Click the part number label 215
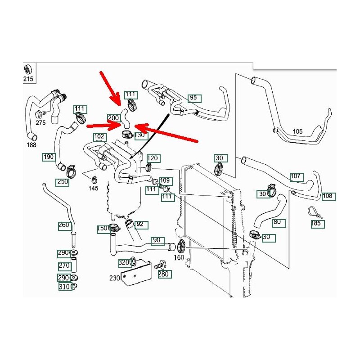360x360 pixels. coord(28,80)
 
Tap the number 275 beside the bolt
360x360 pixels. coord(40,122)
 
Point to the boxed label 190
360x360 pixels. coord(49,157)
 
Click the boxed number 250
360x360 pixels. coord(63,182)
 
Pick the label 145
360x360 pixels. coord(93,188)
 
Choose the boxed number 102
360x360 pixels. coord(99,137)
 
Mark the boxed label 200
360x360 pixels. coord(113,118)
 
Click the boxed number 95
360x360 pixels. coord(193,98)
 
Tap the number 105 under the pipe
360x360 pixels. coord(297,131)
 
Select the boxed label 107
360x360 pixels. coord(296,176)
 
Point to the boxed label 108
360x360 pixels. coord(328,196)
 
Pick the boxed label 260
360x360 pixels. coord(64,225)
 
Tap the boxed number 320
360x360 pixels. coord(124,262)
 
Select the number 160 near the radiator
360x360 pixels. coord(179,258)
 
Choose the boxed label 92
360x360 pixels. coord(139,224)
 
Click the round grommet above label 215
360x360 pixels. coord(28,70)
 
